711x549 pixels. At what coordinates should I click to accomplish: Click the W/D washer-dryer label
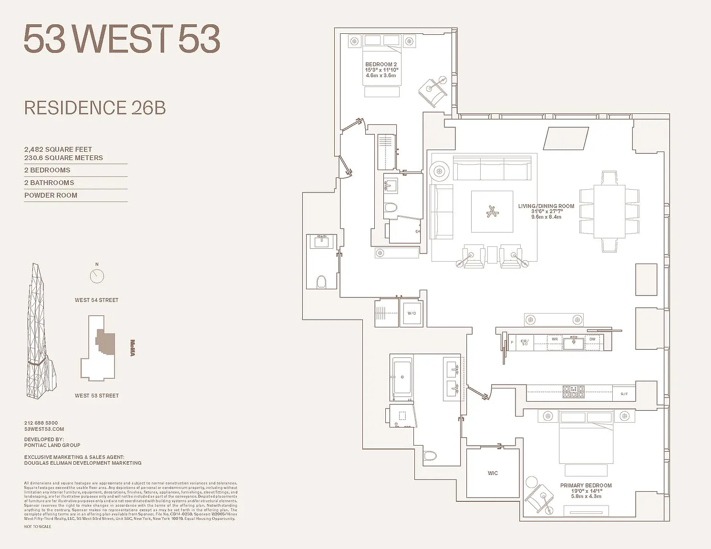pyautogui.click(x=412, y=313)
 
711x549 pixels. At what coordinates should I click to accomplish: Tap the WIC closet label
pyautogui.click(x=493, y=473)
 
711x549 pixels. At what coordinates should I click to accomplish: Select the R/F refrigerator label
pyautogui.click(x=624, y=394)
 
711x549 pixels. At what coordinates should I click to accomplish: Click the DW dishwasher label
pyautogui.click(x=592, y=339)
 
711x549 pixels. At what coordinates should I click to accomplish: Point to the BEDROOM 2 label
pyautogui.click(x=381, y=64)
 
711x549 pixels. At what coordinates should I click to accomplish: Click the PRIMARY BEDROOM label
pyautogui.click(x=586, y=486)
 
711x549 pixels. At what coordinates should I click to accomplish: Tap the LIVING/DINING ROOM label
pyautogui.click(x=546, y=206)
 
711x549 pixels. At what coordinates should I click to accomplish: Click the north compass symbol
pyautogui.click(x=97, y=275)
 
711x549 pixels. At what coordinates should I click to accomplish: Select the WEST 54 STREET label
pyautogui.click(x=96, y=300)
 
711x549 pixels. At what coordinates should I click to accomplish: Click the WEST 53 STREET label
pyautogui.click(x=96, y=396)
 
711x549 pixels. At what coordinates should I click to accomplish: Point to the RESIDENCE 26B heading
pyautogui.click(x=95, y=108)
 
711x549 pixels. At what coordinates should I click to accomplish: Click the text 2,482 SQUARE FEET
pyautogui.click(x=58, y=150)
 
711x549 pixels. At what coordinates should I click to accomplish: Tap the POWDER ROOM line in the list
pyautogui.click(x=51, y=195)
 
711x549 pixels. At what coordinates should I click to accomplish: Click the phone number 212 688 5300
pyautogui.click(x=41, y=423)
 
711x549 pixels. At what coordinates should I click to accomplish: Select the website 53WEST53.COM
pyautogui.click(x=44, y=429)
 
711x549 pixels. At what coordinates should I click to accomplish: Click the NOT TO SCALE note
pyautogui.click(x=38, y=527)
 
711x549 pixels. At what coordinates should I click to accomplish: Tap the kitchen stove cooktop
pyautogui.click(x=573, y=392)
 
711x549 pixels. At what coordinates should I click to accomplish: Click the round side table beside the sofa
pyautogui.click(x=439, y=171)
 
